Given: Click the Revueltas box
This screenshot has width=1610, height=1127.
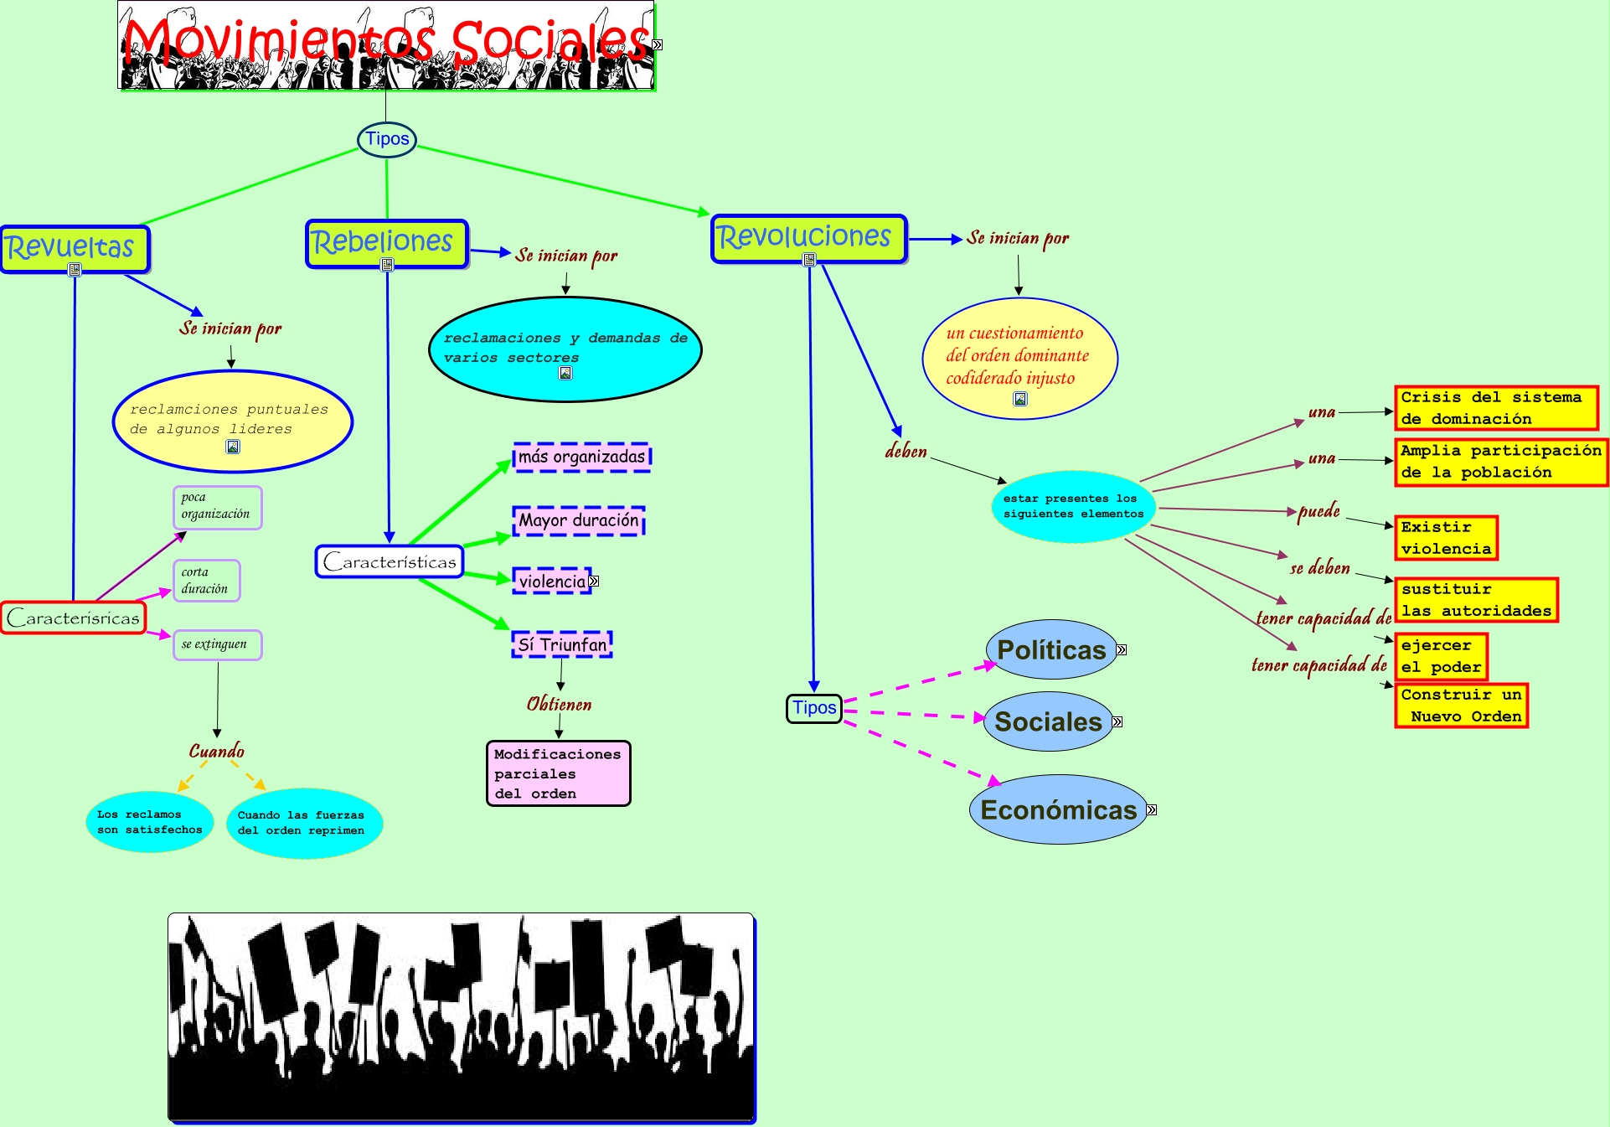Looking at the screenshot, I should [x=75, y=248].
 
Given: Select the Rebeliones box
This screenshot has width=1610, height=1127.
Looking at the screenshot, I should [x=386, y=243].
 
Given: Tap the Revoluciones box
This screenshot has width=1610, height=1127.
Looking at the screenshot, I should [x=808, y=238].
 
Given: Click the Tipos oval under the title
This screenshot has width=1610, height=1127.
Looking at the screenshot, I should [x=387, y=139].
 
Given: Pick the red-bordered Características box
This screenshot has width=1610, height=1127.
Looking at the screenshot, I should [x=74, y=618].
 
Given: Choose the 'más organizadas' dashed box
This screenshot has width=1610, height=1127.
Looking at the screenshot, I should [x=582, y=458].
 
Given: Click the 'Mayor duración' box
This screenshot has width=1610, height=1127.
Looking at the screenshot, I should [x=579, y=520].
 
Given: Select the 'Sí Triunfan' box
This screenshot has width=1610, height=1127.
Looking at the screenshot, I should [x=562, y=644].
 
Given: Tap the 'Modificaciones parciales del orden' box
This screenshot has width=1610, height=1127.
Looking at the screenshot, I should [x=558, y=773].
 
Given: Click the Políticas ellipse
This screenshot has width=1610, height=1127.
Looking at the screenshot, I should [x=1051, y=649].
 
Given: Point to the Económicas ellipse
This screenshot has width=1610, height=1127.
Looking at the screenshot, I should [x=1058, y=809].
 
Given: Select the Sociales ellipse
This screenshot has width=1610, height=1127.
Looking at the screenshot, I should [x=1048, y=721].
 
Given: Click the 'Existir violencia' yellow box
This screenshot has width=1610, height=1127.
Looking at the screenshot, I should [x=1446, y=538].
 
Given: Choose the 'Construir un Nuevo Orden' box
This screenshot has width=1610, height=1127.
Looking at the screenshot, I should [x=1461, y=706].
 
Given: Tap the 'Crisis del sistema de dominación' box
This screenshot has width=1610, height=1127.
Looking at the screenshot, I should [x=1495, y=408].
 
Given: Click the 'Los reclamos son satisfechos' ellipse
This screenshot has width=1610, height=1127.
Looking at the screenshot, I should [x=150, y=821].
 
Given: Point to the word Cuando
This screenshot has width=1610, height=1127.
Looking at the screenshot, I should [x=217, y=751].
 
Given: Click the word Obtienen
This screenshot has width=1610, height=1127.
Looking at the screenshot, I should [x=559, y=704].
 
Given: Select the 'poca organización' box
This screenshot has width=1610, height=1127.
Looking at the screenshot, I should [x=217, y=507].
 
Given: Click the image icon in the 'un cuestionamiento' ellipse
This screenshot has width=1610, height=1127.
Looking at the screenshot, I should [x=1020, y=399].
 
